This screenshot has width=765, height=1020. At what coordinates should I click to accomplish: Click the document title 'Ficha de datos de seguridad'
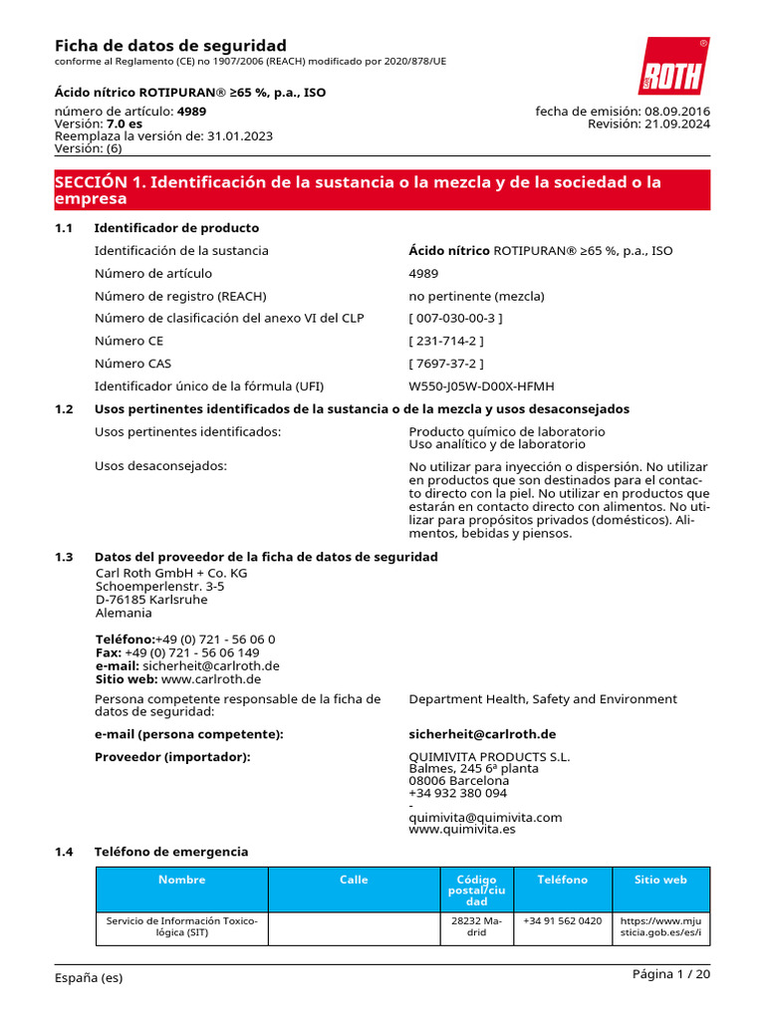[170, 46]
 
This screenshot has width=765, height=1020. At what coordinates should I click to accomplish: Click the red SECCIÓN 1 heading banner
[382, 190]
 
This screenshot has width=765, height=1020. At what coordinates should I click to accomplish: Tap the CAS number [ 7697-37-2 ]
[446, 364]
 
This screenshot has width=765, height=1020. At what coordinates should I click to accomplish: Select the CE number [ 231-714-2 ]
[446, 341]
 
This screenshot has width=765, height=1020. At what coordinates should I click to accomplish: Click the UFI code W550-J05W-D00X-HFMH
[481, 386]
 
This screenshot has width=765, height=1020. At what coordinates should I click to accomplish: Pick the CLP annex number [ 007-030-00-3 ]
[455, 319]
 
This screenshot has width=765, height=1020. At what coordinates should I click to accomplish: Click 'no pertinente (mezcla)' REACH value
[476, 296]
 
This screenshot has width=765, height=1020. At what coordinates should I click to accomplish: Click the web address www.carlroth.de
[210, 679]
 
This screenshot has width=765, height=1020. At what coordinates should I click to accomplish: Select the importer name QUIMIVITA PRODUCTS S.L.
[489, 757]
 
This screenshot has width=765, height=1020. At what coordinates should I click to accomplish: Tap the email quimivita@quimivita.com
[485, 818]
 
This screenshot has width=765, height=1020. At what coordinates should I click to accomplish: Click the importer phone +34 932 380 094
[457, 794]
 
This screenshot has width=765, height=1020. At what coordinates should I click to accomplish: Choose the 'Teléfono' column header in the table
[563, 880]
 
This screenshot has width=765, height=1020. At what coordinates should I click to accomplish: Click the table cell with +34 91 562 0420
[563, 921]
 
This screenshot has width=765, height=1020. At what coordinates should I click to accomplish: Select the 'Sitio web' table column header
[660, 880]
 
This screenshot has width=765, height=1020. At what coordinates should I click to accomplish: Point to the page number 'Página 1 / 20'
[671, 974]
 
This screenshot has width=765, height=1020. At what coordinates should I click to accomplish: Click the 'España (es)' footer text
[89, 978]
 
